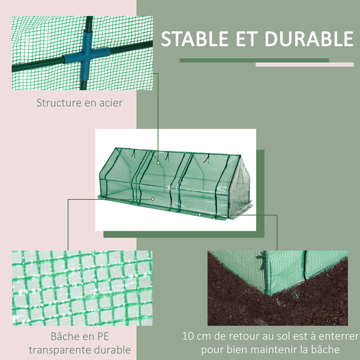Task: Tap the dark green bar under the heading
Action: tap(254, 60)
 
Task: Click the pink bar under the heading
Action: tap(305, 64)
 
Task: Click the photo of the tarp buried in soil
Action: tap(277, 288)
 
